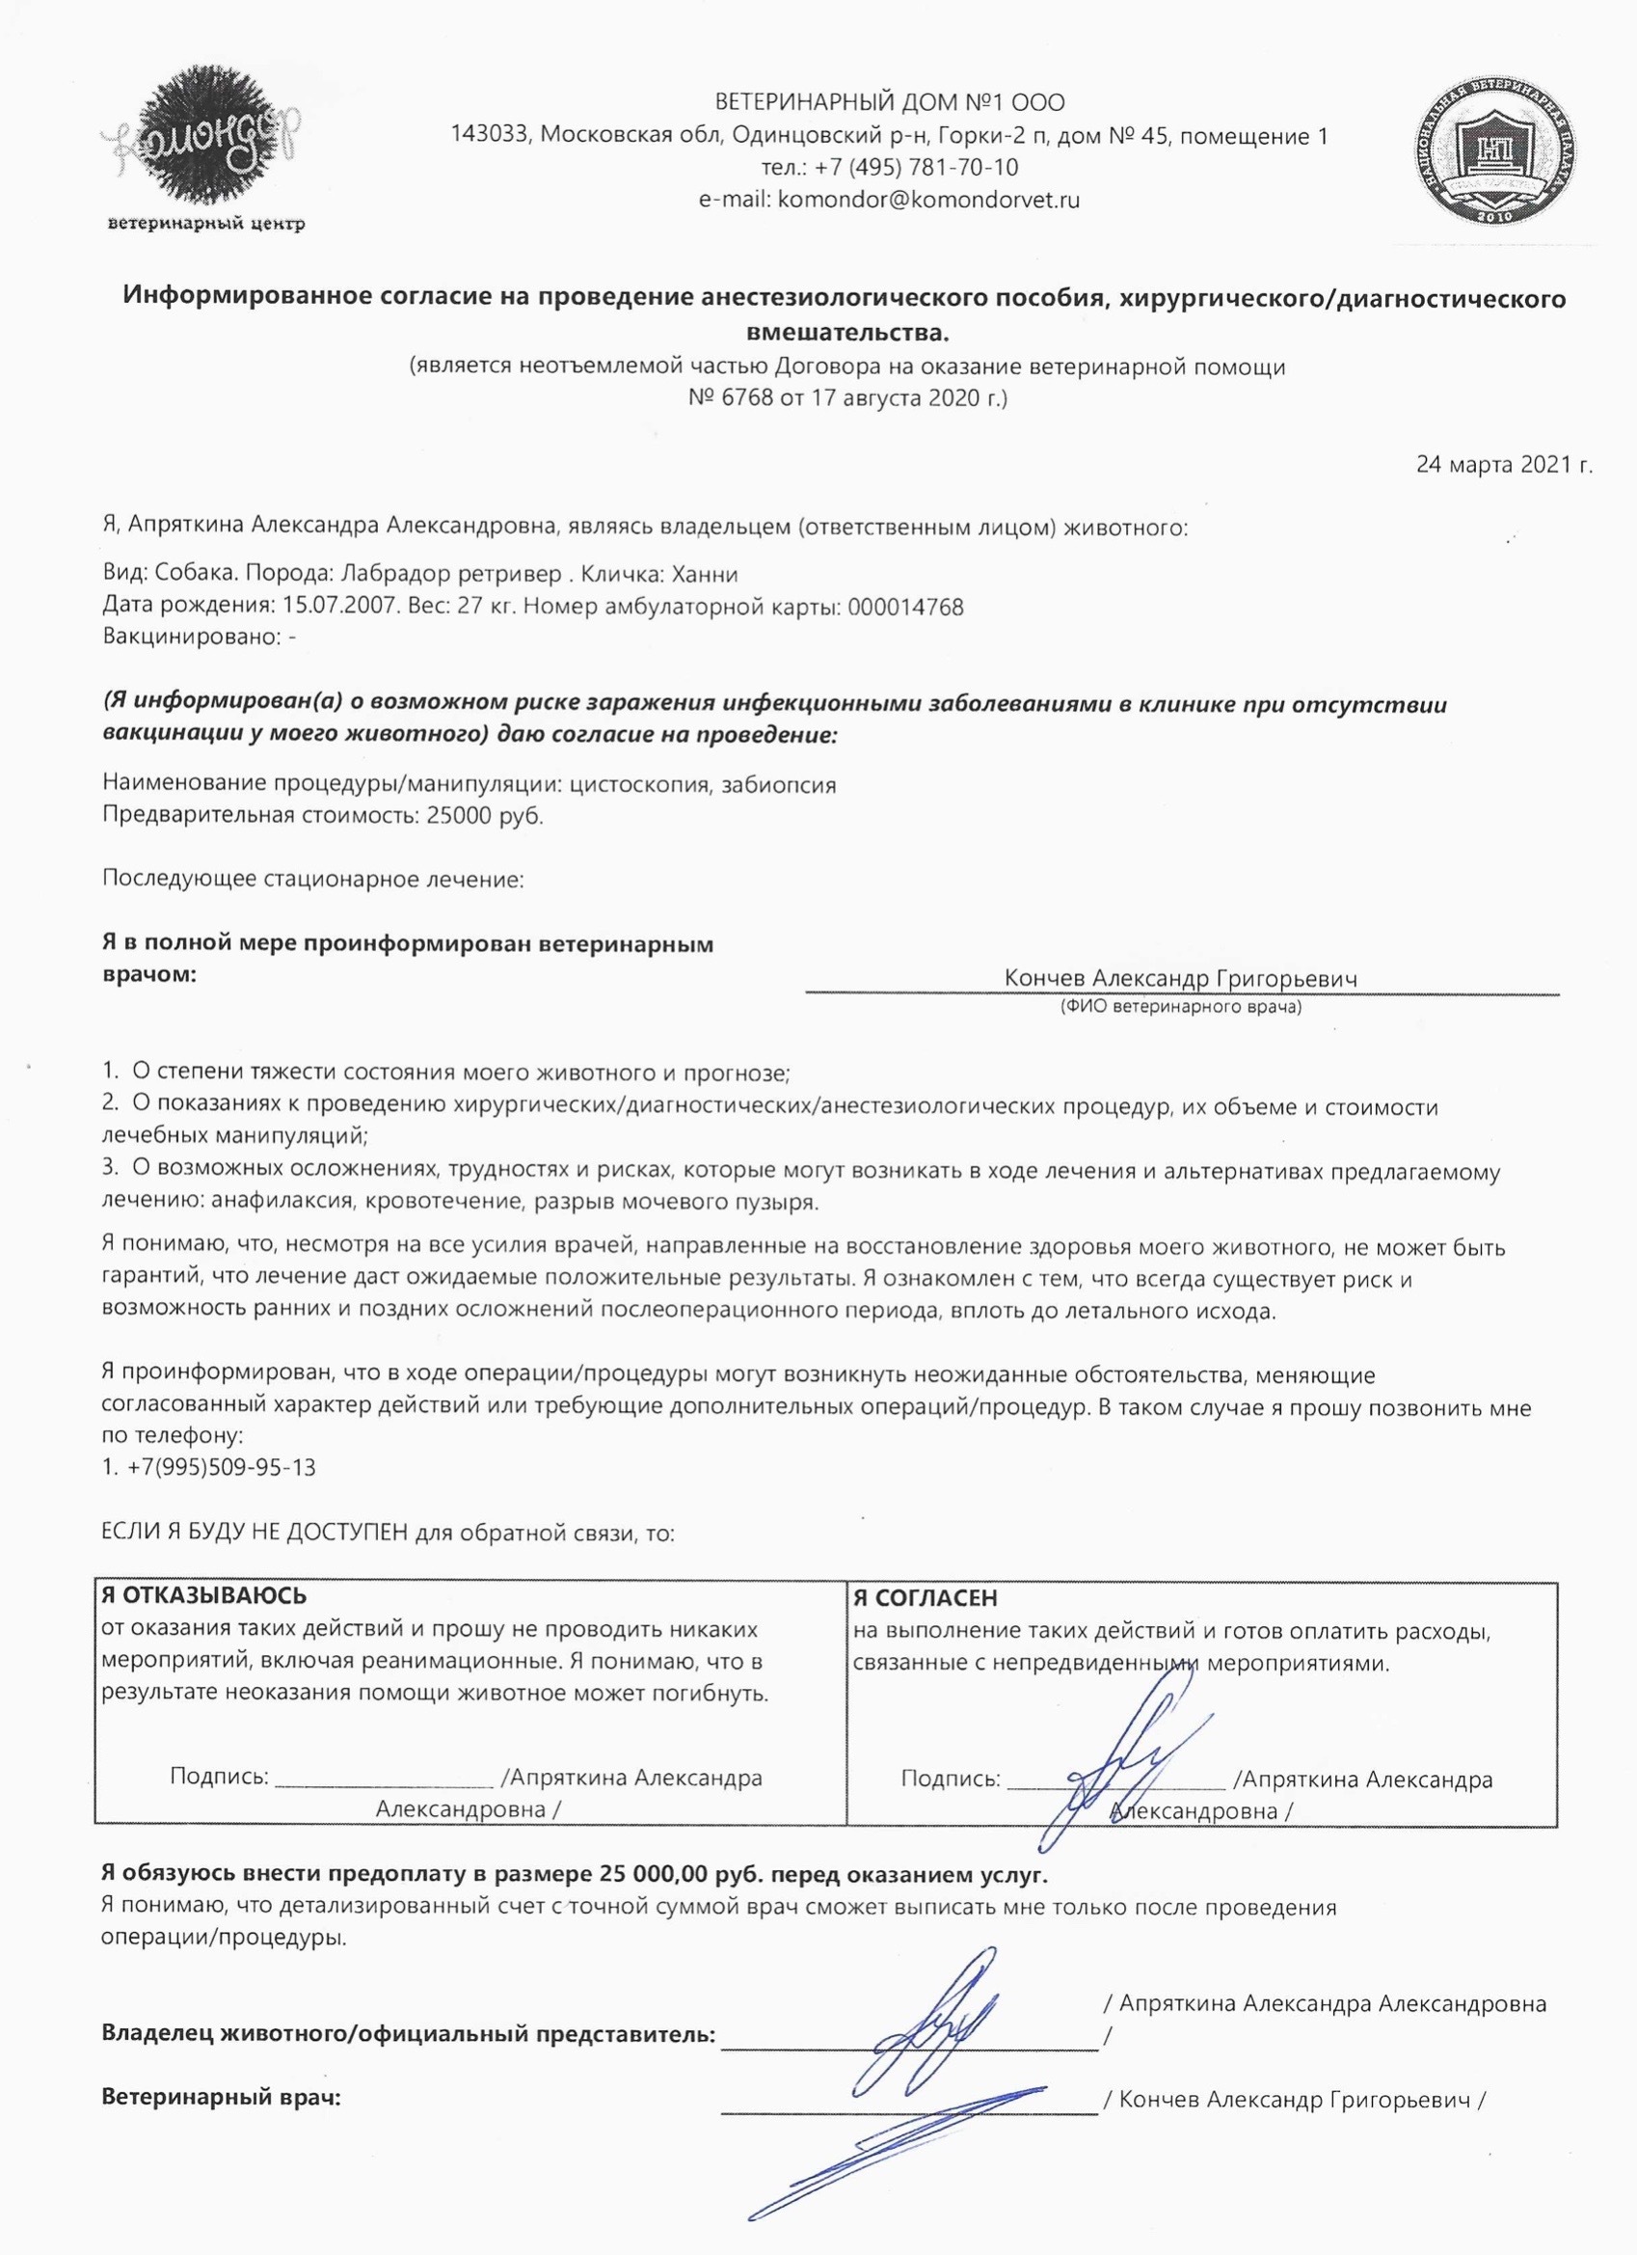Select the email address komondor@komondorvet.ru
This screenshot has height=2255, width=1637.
928,199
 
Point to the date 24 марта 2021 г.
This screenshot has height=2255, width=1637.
1504,464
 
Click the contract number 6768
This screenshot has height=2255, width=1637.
745,398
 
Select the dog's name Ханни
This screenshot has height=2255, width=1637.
705,575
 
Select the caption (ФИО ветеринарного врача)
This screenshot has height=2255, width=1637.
1181,1007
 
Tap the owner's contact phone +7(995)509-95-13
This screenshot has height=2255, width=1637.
221,1467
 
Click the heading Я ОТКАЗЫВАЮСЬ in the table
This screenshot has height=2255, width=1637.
203,1596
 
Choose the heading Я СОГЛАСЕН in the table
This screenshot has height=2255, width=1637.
925,1598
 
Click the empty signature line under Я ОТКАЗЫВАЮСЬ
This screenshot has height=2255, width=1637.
384,1779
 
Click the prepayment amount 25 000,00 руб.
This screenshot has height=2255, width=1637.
655,1875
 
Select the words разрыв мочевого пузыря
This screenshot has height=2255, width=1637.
675,1201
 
